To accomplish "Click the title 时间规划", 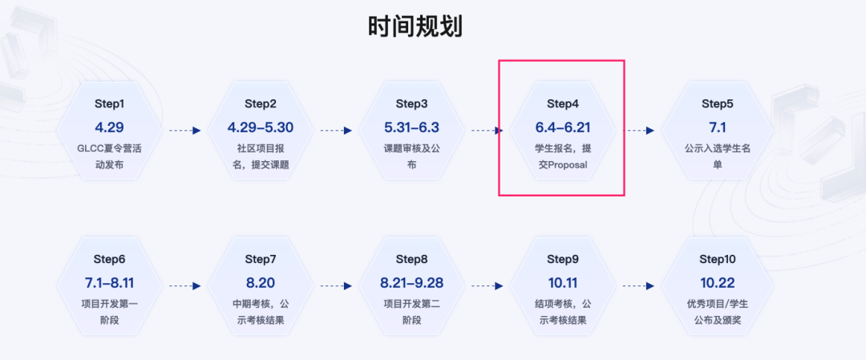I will [x=415, y=27].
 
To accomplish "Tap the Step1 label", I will [x=110, y=103].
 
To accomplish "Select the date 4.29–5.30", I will [x=261, y=127].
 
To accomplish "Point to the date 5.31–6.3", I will [x=411, y=127].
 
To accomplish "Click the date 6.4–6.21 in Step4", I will [x=562, y=127].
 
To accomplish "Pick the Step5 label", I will [x=718, y=103].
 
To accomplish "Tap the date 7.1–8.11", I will [x=110, y=282].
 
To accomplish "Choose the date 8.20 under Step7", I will [x=261, y=282].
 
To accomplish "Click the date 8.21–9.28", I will [x=411, y=282].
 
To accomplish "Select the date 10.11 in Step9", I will [x=562, y=282].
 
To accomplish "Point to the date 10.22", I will [x=718, y=282].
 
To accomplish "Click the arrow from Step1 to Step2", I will [x=185, y=130].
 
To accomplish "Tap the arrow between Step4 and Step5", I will [x=639, y=130].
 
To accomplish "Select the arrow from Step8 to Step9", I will [x=488, y=285].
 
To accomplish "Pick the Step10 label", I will [x=718, y=258].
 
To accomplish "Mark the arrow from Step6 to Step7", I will [x=185, y=285].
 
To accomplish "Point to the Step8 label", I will [x=411, y=258].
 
